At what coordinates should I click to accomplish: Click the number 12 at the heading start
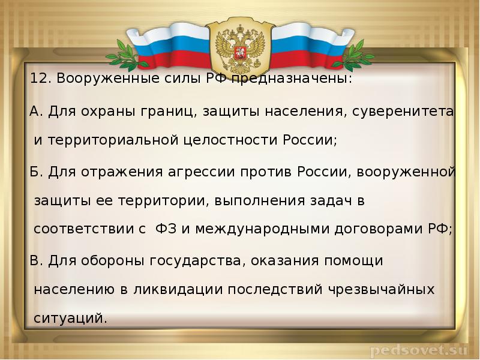[x=38, y=80]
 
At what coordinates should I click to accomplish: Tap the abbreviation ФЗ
[x=166, y=230]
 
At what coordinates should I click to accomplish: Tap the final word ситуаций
[x=71, y=318]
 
